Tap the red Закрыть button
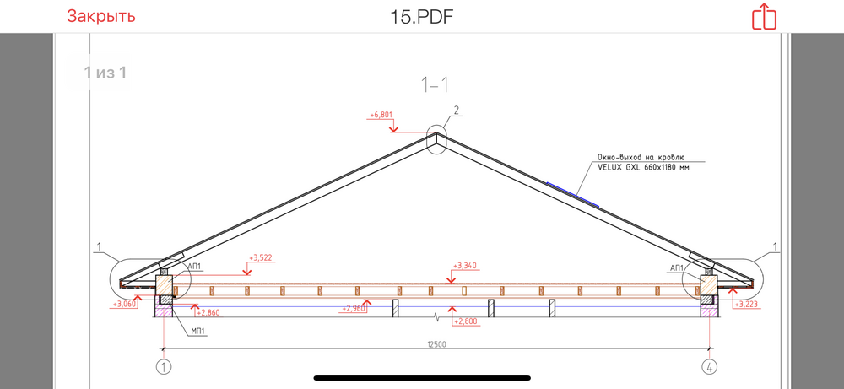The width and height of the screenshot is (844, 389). [101, 16]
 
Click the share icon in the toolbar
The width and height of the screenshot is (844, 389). [764, 17]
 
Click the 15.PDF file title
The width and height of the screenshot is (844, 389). [422, 17]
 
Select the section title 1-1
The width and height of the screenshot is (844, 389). [435, 84]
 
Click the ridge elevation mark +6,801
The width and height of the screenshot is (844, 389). [381, 115]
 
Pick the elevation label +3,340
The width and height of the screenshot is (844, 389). [465, 266]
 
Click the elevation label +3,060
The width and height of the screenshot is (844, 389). [123, 305]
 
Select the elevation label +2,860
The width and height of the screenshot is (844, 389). [208, 312]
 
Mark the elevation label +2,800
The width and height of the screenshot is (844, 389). [466, 321]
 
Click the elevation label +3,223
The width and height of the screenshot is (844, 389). [746, 305]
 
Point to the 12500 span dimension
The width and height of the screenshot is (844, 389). [436, 344]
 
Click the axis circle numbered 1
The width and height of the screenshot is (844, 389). [163, 367]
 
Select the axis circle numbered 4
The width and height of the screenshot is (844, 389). [710, 367]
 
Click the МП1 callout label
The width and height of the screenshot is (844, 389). [197, 332]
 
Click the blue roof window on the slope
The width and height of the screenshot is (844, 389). [573, 194]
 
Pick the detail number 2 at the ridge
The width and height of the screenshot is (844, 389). [456, 111]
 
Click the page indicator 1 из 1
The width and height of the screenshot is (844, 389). [105, 72]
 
